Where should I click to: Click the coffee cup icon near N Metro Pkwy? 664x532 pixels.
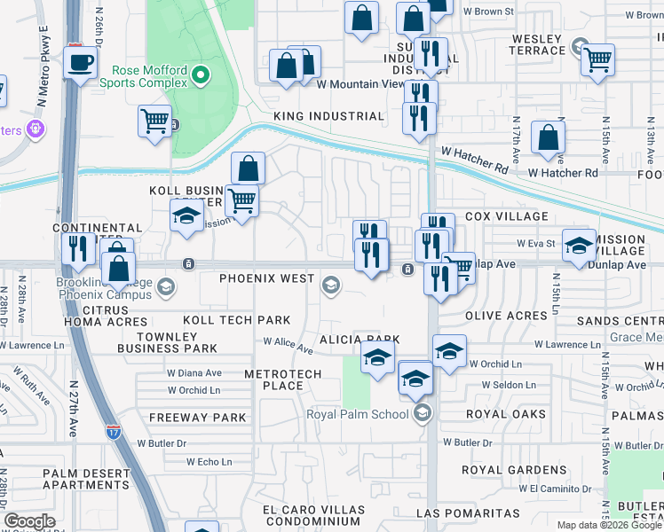click(x=81, y=63)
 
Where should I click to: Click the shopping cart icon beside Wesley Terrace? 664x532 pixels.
click(x=598, y=60)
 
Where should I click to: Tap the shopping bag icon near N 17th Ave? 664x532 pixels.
click(x=548, y=137)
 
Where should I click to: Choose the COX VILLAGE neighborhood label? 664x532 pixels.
click(x=507, y=216)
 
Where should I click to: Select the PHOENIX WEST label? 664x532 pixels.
click(x=267, y=278)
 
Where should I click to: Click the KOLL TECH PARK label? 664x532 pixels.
click(x=237, y=319)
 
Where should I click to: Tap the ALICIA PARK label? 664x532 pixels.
click(x=360, y=340)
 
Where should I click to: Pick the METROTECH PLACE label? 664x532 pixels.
click(x=282, y=379)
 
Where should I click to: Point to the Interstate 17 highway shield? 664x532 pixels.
click(x=113, y=432)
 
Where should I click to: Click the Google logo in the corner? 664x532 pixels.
click(x=29, y=521)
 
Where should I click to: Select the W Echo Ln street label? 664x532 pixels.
click(x=209, y=462)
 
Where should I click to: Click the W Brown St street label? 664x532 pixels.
click(x=488, y=12)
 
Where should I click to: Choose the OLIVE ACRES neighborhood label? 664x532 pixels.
click(x=504, y=316)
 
